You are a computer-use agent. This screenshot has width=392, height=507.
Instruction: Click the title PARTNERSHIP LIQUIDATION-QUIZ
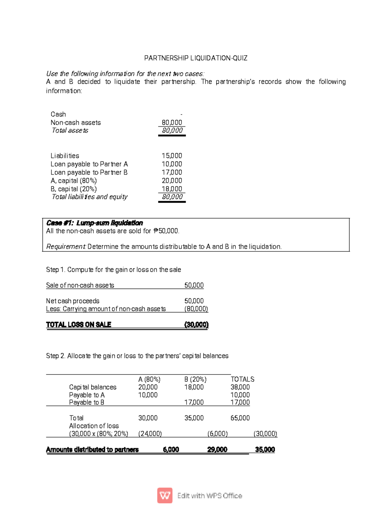196,58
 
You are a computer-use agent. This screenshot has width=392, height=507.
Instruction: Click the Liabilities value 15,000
172,156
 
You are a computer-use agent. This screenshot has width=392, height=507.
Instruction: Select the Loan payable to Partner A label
89,164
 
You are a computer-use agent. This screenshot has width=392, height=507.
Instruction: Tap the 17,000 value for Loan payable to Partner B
172,172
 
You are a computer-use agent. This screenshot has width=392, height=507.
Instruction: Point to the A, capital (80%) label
73,181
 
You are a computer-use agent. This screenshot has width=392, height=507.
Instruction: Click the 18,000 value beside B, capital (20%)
172,189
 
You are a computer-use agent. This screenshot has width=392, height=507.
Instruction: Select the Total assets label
70,131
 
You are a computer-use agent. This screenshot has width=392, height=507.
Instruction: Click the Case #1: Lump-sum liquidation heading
94,223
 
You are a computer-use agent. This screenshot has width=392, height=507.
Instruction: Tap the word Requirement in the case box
66,246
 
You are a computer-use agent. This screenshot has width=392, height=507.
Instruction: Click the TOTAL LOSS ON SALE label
78,325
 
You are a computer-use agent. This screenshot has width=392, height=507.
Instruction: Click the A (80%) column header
149,379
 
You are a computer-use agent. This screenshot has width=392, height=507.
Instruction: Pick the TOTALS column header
242,379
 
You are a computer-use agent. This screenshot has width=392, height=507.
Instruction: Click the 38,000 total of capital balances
240,387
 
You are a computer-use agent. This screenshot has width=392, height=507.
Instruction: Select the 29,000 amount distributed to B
217,450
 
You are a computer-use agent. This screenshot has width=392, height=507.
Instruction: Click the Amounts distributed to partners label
92,450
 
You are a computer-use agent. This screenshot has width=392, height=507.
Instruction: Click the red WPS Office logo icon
165,496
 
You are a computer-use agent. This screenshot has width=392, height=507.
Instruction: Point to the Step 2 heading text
137,356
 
